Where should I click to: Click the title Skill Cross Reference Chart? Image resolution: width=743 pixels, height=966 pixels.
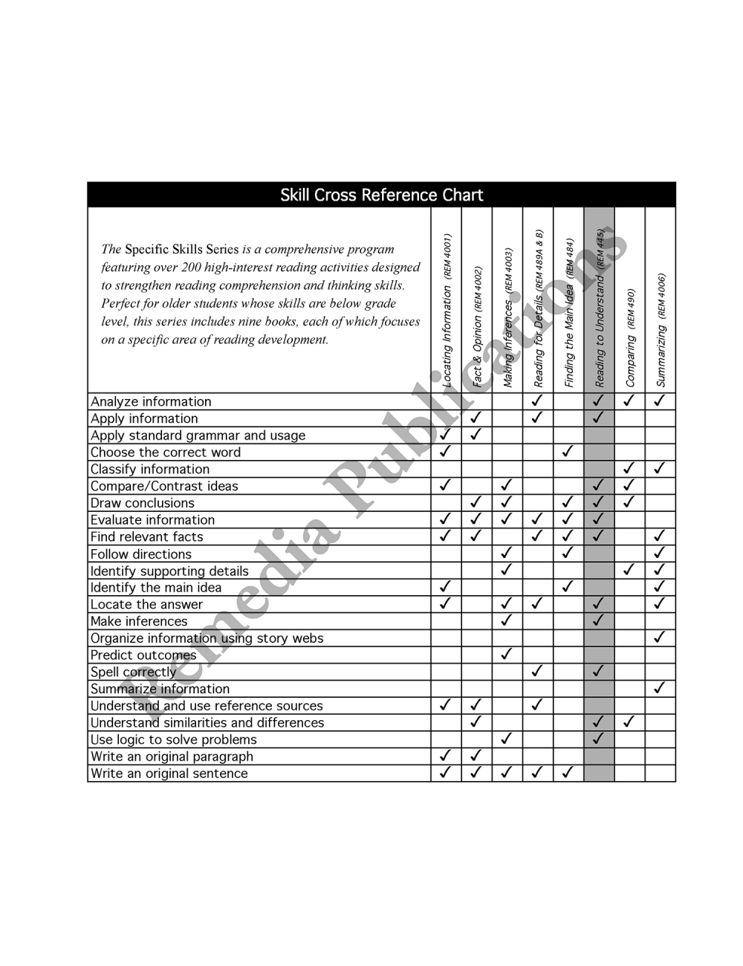(381, 195)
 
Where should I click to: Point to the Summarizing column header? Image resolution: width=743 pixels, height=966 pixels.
(661, 331)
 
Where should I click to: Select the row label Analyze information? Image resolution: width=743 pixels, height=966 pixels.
(151, 402)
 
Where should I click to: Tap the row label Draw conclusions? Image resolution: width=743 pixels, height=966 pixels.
(142, 503)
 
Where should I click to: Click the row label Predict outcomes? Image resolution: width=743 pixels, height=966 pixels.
(143, 655)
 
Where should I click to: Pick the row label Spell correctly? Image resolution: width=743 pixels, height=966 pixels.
(134, 672)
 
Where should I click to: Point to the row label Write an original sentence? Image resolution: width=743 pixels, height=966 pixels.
(169, 774)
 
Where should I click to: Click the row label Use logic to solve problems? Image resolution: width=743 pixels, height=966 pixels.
(173, 740)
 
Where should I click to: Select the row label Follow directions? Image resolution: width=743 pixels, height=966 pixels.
(140, 554)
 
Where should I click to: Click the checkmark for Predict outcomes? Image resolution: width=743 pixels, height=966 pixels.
(507, 655)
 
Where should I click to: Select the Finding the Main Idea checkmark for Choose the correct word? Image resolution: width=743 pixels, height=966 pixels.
(568, 452)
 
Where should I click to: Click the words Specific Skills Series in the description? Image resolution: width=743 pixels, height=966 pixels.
(182, 250)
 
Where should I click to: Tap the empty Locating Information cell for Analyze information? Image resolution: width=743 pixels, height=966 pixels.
(447, 401)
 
